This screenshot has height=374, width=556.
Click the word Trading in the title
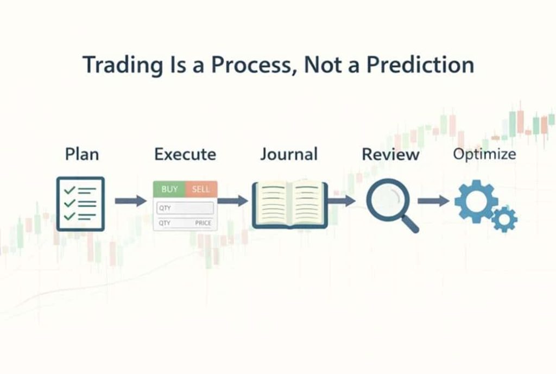tap(123, 66)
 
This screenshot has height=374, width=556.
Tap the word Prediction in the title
tap(420, 65)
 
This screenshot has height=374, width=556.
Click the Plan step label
tap(82, 155)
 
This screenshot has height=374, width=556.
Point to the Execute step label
tap(185, 154)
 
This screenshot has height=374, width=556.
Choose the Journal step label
tap(289, 154)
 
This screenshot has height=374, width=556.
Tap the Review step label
tap(390, 155)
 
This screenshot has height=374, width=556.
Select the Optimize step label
tap(484, 154)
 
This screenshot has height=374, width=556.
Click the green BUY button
tap(169, 189)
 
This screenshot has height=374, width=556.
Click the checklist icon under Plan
tap(80, 204)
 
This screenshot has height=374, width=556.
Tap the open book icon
tap(290, 204)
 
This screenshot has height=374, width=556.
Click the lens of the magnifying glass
tap(388, 200)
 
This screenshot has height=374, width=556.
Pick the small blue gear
tap(504, 219)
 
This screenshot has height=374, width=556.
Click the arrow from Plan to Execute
tap(130, 201)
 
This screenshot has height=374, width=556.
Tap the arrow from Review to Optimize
tap(433, 201)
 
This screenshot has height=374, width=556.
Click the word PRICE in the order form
tap(203, 223)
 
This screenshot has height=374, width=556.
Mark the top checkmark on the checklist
tap(69, 189)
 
